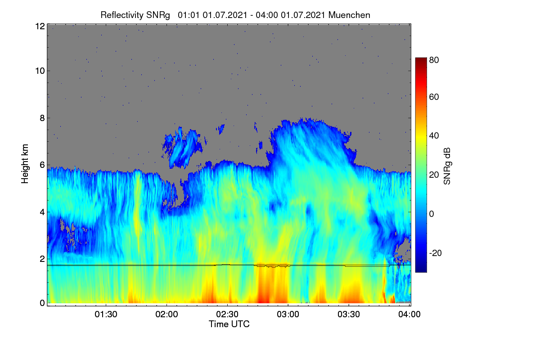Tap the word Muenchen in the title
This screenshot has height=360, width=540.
(349, 15)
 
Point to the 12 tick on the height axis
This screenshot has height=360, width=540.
(40, 26)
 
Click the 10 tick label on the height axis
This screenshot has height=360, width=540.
(40, 71)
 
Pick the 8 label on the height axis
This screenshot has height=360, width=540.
(42, 118)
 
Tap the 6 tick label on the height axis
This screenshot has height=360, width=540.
(42, 165)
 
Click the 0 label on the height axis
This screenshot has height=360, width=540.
(42, 303)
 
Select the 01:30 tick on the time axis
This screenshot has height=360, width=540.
(106, 315)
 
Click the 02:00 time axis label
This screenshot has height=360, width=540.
(166, 315)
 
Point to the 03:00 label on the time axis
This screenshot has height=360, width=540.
(288, 315)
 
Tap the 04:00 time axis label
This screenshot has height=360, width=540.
(409, 315)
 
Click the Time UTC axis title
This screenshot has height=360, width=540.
(229, 324)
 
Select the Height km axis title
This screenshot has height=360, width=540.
(25, 164)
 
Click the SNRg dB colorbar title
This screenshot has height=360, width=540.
(447, 166)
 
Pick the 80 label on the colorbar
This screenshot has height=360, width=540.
(434, 60)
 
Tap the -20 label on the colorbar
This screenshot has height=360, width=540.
(436, 253)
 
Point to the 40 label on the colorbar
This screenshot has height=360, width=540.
(434, 136)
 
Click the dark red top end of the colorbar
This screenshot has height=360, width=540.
(421, 59)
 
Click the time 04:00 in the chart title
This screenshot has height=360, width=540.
(267, 15)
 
